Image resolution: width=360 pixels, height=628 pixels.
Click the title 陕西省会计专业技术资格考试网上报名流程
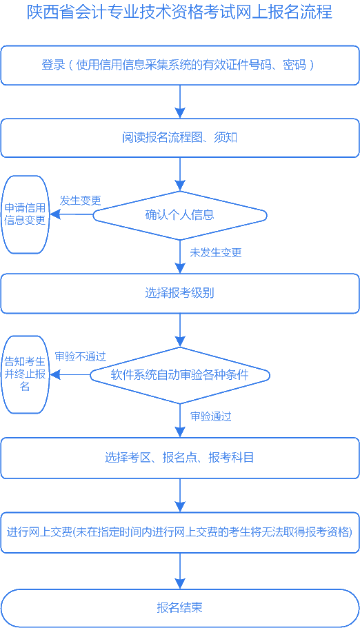pos(179,12)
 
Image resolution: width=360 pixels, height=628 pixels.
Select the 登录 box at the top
pos(179,65)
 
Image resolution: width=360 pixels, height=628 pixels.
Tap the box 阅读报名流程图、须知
pos(179,137)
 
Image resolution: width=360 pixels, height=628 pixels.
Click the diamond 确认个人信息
pos(179,215)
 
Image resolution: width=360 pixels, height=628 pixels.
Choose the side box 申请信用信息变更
pos(26,214)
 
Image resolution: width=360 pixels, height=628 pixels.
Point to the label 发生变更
pos(80,201)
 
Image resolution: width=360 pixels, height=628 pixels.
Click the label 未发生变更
pos(216,252)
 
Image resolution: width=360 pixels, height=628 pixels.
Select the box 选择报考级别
pos(179,293)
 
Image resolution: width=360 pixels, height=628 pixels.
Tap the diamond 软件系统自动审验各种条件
pos(179,375)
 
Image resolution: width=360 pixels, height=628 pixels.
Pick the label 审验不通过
pos(80,356)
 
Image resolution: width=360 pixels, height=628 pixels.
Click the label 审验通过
pos(210,416)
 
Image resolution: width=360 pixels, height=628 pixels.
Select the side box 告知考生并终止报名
pos(26,374)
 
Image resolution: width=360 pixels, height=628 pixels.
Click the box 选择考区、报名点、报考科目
pos(179,457)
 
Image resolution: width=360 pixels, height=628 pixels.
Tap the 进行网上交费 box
pos(179,532)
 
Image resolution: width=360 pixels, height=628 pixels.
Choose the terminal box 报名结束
pos(179,607)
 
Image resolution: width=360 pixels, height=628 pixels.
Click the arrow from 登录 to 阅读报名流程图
pos(180,101)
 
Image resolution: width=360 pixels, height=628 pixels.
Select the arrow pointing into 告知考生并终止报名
pos(70,375)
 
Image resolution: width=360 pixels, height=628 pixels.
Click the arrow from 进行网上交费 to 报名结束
pos(180,571)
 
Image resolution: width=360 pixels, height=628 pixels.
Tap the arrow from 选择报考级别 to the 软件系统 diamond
pos(180,330)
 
